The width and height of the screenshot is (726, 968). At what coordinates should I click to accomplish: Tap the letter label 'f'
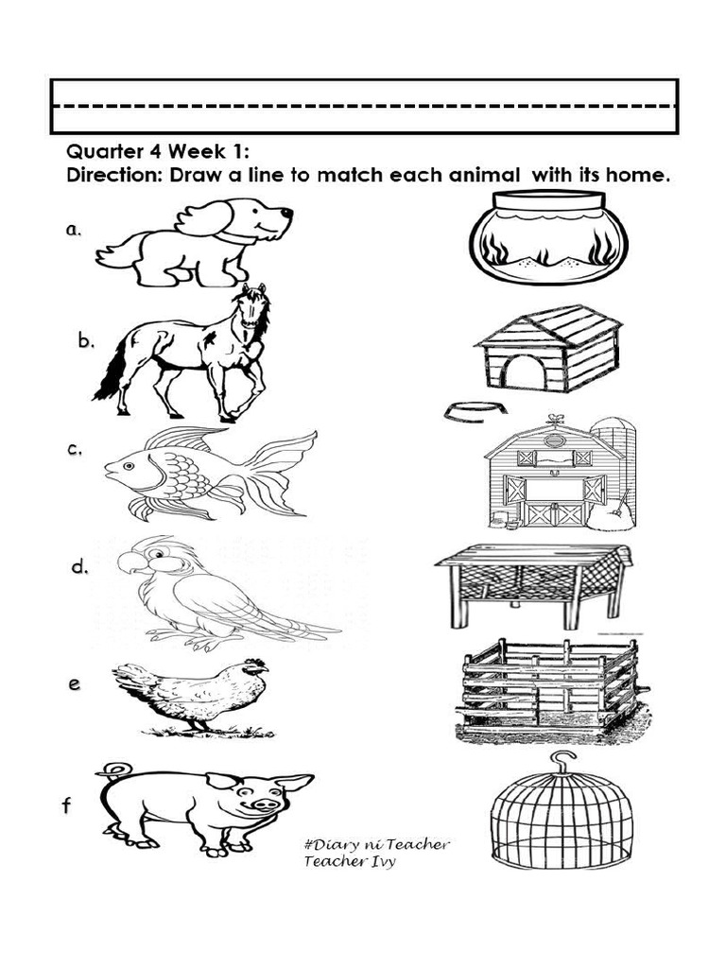[66, 806]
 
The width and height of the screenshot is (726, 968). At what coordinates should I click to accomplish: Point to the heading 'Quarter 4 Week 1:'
[158, 150]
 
